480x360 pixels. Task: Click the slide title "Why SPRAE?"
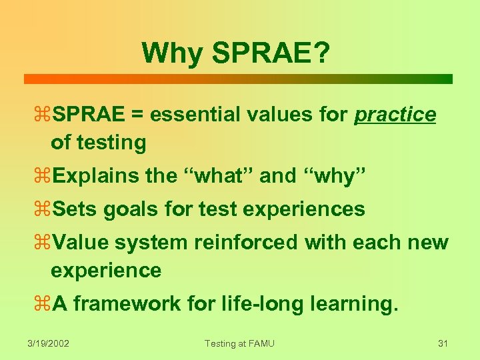[x=235, y=53]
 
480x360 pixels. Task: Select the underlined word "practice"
[x=395, y=115]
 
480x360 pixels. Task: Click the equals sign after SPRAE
[x=137, y=115]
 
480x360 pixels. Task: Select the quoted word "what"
[x=217, y=175]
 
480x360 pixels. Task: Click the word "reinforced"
[x=246, y=243]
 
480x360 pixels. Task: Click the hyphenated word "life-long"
[x=237, y=304]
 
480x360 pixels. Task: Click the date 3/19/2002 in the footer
[x=49, y=343]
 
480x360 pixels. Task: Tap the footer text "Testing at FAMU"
[x=239, y=343]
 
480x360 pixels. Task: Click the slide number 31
[x=442, y=343]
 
